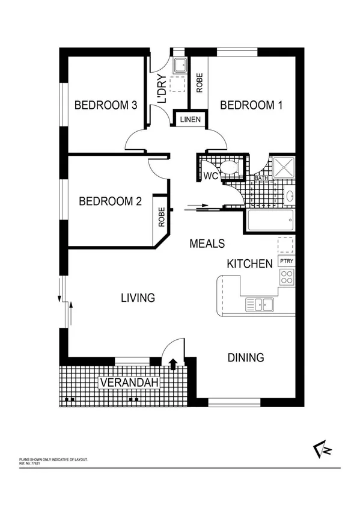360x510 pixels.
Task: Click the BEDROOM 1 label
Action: [x=251, y=105]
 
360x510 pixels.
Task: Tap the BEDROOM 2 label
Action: [x=110, y=201]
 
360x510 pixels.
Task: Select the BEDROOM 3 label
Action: [x=106, y=105]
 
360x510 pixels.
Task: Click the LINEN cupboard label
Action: [x=190, y=120]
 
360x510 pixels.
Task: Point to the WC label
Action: [x=210, y=176]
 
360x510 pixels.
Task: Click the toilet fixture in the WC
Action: [x=228, y=169]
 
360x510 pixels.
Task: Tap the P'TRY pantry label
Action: [x=286, y=262]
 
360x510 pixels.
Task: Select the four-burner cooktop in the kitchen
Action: [x=287, y=277]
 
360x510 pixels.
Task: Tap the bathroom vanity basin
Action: [x=289, y=196]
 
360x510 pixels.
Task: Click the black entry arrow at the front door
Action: [x=173, y=363]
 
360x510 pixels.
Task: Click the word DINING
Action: [x=246, y=358]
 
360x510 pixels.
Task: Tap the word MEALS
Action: [x=207, y=244]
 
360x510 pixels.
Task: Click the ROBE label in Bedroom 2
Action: [x=161, y=216]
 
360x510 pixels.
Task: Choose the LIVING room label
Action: [x=138, y=298]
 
